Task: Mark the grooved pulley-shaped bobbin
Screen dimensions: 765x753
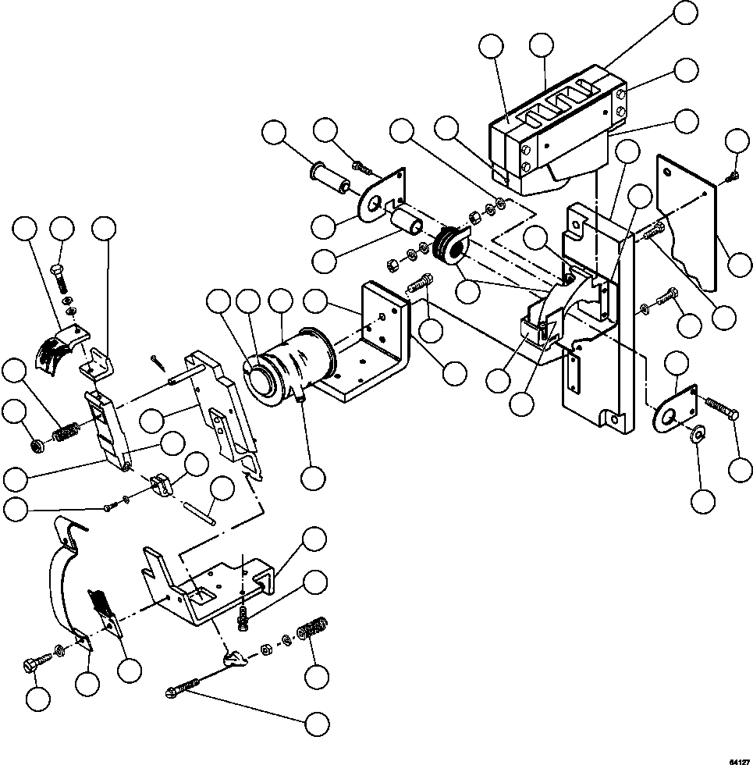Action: coord(449,244)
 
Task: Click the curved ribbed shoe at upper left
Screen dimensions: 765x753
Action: coord(56,347)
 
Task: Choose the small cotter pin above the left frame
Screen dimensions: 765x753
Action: coord(158,360)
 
